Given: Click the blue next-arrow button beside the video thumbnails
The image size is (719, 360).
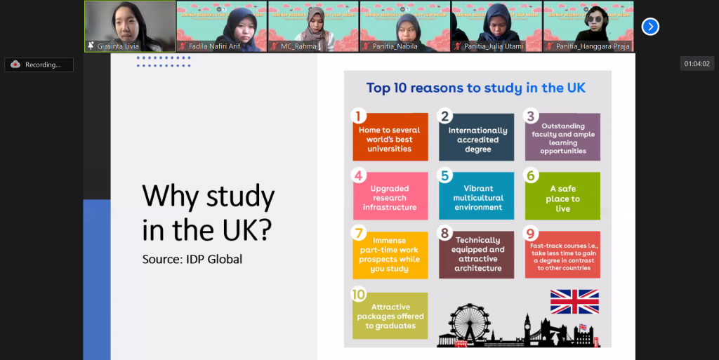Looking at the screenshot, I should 650,27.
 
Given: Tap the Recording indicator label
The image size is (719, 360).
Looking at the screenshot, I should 43,65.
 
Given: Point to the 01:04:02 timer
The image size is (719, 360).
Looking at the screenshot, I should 696,64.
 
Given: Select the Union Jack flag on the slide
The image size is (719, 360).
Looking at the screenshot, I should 574,301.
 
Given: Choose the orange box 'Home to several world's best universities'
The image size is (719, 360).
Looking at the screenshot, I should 390,138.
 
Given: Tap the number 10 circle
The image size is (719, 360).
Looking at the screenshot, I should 359,295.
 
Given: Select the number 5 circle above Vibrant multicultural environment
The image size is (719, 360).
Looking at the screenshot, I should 445,175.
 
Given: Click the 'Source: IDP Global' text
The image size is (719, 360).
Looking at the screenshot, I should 192,259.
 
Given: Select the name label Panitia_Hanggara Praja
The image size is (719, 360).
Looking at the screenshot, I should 591,46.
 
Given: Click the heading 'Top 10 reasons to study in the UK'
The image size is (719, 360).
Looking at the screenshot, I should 476,88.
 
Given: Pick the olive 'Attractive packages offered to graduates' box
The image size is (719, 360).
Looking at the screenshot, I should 390,316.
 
